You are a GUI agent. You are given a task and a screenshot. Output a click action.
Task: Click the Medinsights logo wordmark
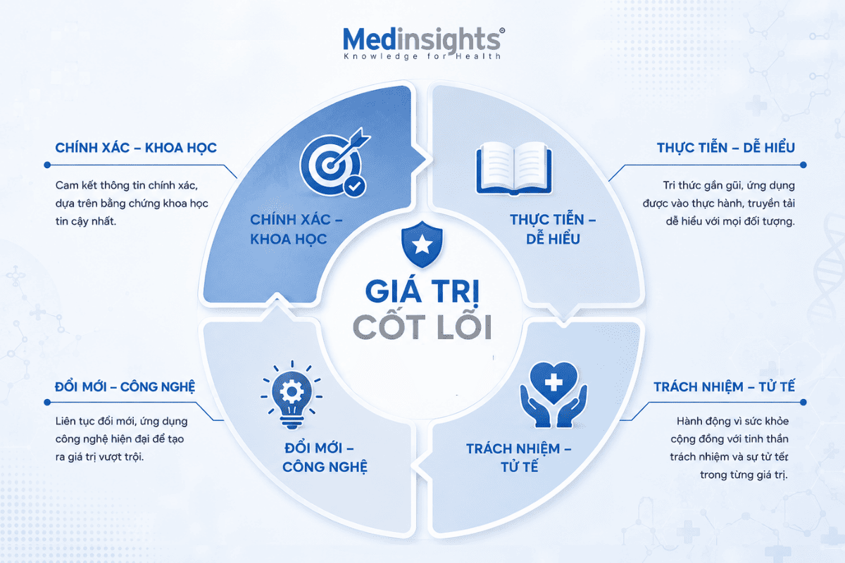422,39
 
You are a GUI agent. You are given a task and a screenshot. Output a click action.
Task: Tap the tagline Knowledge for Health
422,56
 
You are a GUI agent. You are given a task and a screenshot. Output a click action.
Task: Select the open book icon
514,168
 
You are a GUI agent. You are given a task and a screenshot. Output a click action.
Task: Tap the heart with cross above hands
553,395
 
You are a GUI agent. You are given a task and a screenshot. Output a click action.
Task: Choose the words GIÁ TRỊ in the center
422,291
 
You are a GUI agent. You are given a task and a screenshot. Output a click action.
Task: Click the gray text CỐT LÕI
422,327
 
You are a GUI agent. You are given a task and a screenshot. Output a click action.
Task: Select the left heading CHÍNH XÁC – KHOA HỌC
136,148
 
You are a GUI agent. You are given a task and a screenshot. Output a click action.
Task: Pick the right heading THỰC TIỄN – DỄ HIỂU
726,148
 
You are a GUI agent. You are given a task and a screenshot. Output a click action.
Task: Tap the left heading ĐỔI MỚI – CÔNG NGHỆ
125,387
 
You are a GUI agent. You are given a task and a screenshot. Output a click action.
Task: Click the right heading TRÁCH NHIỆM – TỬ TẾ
725,386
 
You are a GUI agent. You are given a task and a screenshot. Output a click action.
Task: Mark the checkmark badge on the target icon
355,186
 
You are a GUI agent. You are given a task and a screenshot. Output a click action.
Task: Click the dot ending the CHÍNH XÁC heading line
47,165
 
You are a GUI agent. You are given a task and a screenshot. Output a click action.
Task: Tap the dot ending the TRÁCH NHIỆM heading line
803,403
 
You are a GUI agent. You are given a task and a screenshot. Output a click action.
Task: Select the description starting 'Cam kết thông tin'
132,203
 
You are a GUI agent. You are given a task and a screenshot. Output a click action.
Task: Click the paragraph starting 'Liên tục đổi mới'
121,439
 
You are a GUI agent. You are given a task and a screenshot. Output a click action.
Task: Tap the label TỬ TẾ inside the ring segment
520,467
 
